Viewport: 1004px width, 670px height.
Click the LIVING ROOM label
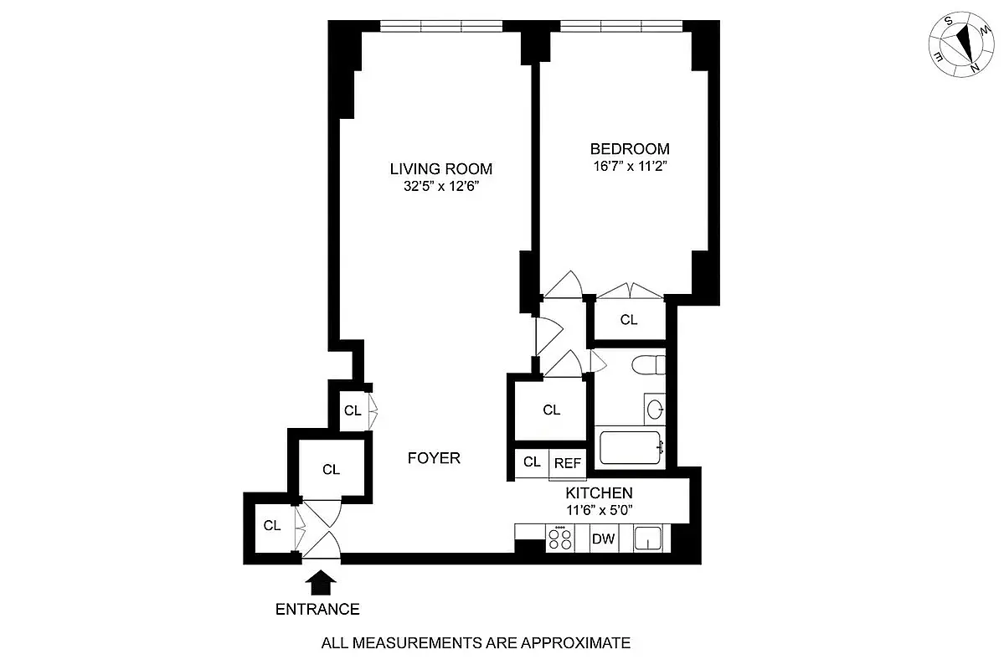click(x=440, y=168)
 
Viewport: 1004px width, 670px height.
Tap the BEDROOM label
click(x=630, y=149)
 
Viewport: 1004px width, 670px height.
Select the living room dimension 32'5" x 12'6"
click(x=440, y=187)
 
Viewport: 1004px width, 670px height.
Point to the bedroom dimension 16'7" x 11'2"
click(x=630, y=167)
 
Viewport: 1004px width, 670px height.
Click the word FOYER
click(x=434, y=458)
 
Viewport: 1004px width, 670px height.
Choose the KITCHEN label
click(x=599, y=492)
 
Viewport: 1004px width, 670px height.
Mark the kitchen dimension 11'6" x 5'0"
click(x=599, y=509)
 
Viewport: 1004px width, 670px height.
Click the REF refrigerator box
click(x=567, y=461)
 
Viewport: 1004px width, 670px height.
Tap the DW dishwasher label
click(x=603, y=539)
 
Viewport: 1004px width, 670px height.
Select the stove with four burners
click(x=560, y=539)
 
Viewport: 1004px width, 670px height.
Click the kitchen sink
click(x=648, y=539)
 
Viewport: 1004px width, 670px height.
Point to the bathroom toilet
click(x=648, y=366)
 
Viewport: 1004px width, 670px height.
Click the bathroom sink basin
click(x=655, y=410)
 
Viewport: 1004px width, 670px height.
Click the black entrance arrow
click(x=321, y=580)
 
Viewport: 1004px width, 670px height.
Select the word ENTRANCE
click(x=317, y=610)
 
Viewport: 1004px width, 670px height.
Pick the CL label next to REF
click(x=532, y=461)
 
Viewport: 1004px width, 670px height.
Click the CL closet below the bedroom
click(x=629, y=320)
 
